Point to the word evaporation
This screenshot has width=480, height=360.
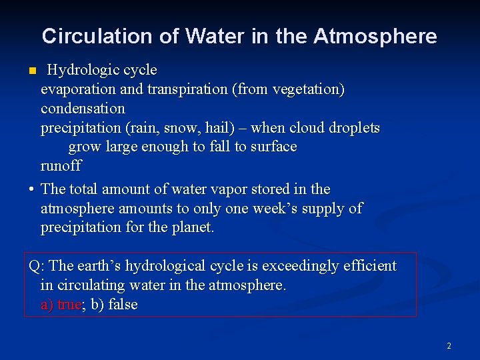click(x=77, y=89)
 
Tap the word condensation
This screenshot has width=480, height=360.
click(x=83, y=108)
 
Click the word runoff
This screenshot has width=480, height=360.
click(x=61, y=165)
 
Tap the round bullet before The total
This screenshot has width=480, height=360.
click(x=31, y=190)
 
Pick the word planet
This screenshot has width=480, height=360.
click(x=193, y=228)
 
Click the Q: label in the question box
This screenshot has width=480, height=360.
click(x=37, y=266)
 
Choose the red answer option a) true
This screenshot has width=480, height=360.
click(x=61, y=305)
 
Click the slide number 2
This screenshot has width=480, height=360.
click(x=449, y=346)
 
